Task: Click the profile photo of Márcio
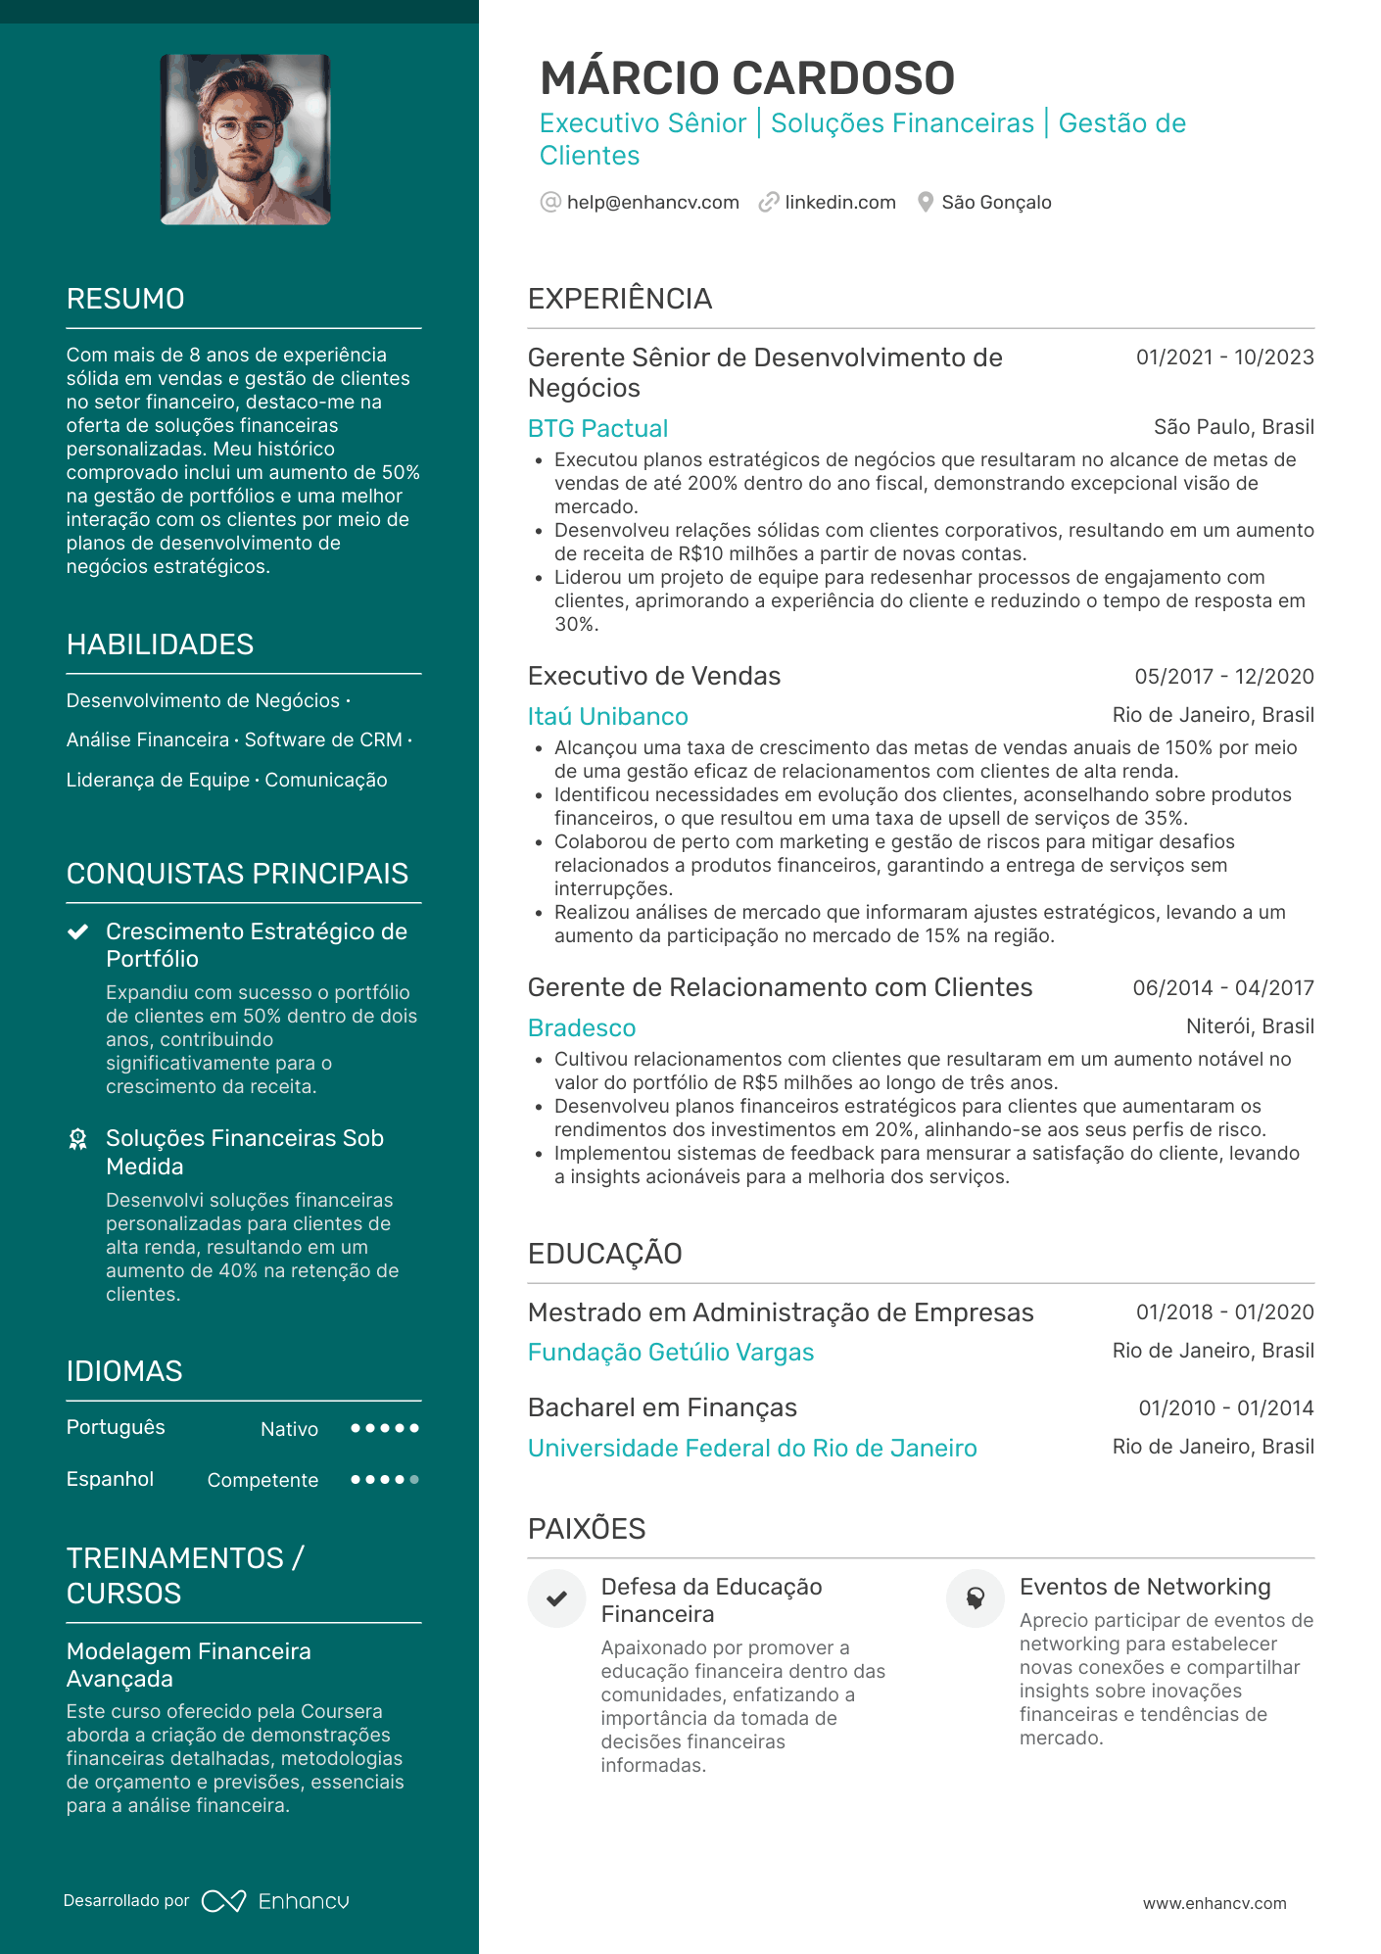tap(246, 139)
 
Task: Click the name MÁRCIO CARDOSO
tap(746, 78)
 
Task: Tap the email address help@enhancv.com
tap(652, 203)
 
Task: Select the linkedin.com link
tap(839, 203)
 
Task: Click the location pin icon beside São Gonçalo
tap(925, 203)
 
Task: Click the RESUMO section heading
tap(125, 299)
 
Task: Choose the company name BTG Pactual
tap(597, 428)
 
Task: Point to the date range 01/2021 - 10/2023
tap(1224, 357)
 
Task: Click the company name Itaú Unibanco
tap(607, 716)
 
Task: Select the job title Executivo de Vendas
tap(653, 676)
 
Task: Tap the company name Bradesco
tap(582, 1027)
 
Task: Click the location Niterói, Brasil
tap(1250, 1026)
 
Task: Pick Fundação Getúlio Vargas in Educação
tap(670, 1352)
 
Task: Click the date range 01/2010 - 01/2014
tap(1225, 1408)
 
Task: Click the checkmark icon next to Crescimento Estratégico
tap(78, 931)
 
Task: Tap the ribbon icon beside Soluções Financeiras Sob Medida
tap(78, 1139)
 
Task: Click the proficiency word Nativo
tap(289, 1429)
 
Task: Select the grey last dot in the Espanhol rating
tap(414, 1480)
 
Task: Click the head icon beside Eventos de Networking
tap(976, 1598)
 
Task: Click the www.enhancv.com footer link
tap(1214, 1903)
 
